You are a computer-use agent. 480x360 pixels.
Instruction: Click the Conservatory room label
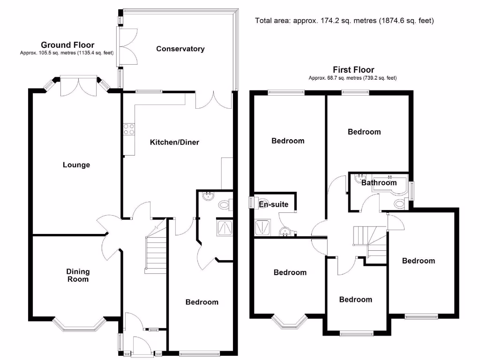[180, 49]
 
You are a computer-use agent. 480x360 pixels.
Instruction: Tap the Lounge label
[76, 165]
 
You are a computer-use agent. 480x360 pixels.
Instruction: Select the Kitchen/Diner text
[174, 142]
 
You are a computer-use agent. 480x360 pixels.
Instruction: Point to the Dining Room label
[78, 275]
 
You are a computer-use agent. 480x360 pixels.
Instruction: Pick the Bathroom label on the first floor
[379, 182]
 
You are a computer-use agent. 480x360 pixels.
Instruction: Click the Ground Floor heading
[67, 45]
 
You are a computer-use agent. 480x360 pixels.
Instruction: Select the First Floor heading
[353, 70]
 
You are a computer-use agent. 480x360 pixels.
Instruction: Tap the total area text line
[345, 21]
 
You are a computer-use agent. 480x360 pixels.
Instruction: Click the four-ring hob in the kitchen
[128, 129]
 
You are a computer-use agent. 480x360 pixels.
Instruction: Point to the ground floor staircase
[156, 254]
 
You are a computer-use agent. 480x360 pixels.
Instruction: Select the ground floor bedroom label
[202, 302]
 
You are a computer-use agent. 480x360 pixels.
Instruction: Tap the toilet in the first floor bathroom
[400, 203]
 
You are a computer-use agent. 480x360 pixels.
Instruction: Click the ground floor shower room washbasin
[206, 197]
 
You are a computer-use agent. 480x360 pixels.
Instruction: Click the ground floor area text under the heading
[67, 53]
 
